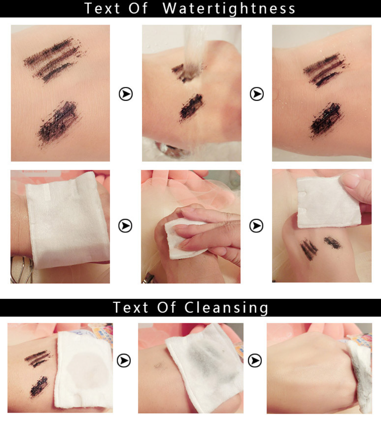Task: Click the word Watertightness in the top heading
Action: (229, 9)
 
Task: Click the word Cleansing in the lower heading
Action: (226, 308)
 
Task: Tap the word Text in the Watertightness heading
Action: (102, 8)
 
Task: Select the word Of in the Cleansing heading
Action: (166, 307)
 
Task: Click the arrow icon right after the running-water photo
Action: (256, 94)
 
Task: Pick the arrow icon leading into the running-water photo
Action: (126, 94)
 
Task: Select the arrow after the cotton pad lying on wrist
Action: (125, 226)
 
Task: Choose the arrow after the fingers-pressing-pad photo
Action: (256, 226)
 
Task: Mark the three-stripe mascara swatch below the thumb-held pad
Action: (309, 250)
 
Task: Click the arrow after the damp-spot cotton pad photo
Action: (124, 360)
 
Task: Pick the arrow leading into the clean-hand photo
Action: (255, 360)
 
